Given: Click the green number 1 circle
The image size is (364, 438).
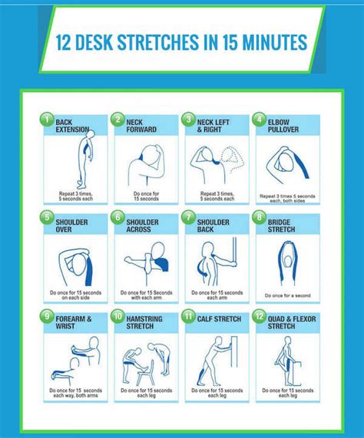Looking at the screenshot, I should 45,119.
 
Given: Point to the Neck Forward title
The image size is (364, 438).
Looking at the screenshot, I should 141,125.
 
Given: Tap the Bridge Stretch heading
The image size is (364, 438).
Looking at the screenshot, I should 285,223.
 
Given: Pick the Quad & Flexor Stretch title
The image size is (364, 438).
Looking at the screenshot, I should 286,322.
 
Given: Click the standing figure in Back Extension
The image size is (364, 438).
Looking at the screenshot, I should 82,161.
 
